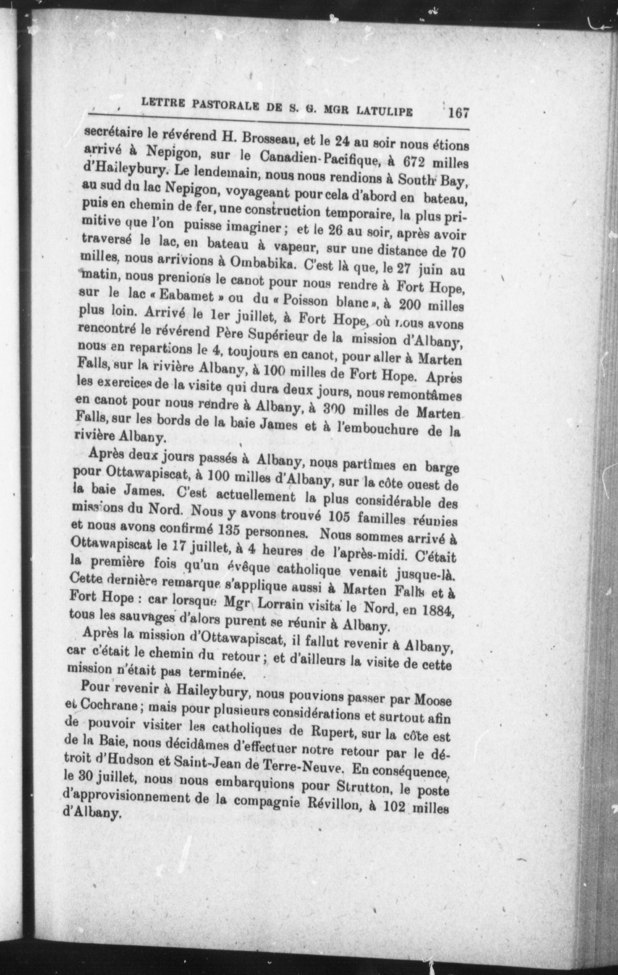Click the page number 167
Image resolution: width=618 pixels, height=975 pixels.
click(x=458, y=112)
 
